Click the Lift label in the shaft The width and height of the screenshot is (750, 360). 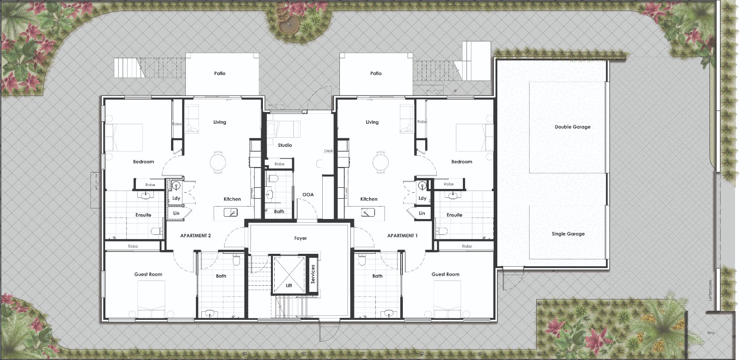pyautogui.click(x=289, y=285)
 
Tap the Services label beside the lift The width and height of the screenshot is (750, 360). pyautogui.click(x=313, y=274)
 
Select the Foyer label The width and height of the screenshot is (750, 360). pyautogui.click(x=300, y=238)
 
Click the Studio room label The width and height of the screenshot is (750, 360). pyautogui.click(x=285, y=145)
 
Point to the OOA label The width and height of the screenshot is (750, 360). pyautogui.click(x=308, y=195)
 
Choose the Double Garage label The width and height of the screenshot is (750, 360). pyautogui.click(x=572, y=127)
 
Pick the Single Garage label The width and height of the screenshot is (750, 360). pyautogui.click(x=568, y=234)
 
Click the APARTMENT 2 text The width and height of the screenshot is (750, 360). pyautogui.click(x=195, y=236)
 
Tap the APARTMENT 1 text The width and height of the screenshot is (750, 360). pyautogui.click(x=402, y=236)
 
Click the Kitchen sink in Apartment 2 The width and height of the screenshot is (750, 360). pyautogui.click(x=230, y=212)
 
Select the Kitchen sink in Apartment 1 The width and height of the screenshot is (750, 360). pyautogui.click(x=367, y=212)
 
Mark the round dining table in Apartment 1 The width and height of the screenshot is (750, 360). pyautogui.click(x=380, y=162)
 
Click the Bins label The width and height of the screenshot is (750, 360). pyautogui.click(x=711, y=333)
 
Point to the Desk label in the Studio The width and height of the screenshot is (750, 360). pyautogui.click(x=328, y=151)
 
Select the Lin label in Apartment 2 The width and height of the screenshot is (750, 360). pyautogui.click(x=176, y=213)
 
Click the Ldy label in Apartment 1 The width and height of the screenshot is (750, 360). pyautogui.click(x=422, y=198)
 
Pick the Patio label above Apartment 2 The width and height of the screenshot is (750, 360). pyautogui.click(x=220, y=74)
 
